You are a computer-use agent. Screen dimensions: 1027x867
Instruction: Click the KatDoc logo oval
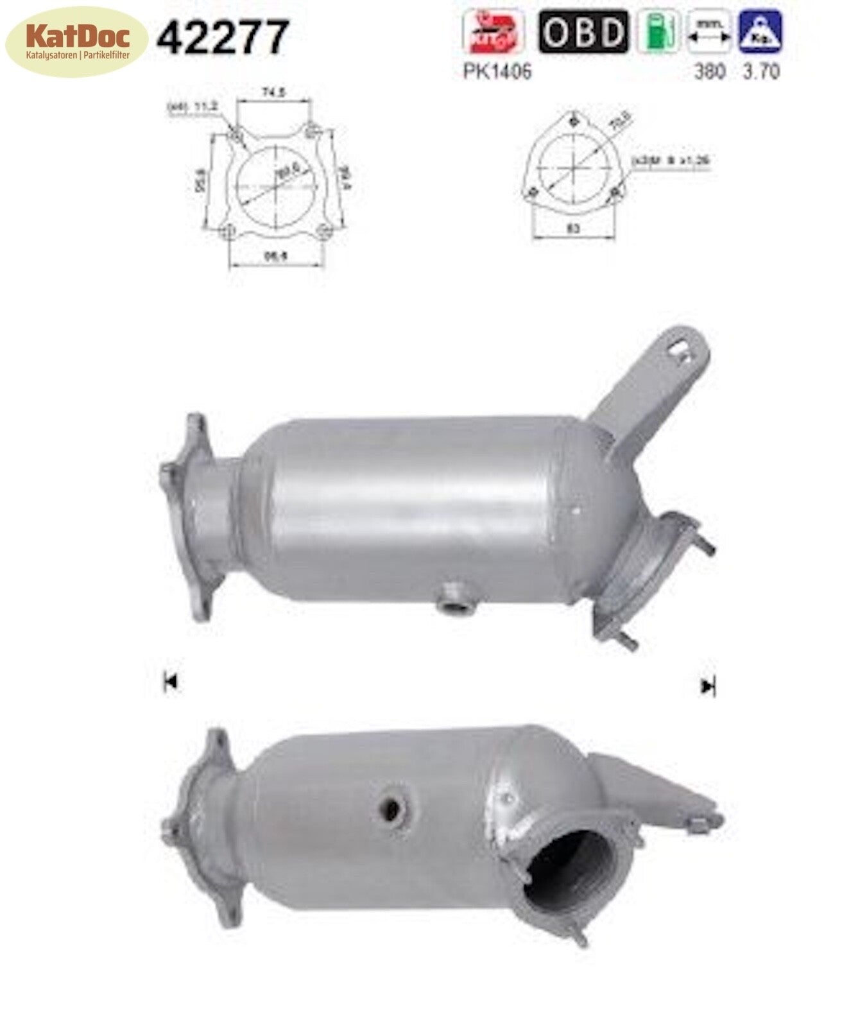[77, 41]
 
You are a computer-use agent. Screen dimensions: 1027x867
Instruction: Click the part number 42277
[222, 37]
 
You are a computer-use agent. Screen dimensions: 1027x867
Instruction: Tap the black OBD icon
[583, 31]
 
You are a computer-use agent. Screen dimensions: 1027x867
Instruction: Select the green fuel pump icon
[658, 31]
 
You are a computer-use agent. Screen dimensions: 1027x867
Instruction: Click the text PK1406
[497, 71]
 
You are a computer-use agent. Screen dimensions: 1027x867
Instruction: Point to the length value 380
[710, 71]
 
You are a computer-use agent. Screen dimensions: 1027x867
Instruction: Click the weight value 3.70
[761, 71]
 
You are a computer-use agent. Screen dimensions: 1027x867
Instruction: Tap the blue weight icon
[761, 31]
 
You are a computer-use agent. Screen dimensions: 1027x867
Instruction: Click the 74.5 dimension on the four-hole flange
[273, 93]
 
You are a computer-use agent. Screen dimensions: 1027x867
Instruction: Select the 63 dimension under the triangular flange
[574, 228]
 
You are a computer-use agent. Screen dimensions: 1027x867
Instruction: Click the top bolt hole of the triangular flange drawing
[573, 123]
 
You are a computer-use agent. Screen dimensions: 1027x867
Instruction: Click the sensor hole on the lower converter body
[391, 809]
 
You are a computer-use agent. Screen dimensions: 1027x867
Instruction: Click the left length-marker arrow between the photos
[171, 682]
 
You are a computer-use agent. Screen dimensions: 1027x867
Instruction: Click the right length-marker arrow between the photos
[707, 687]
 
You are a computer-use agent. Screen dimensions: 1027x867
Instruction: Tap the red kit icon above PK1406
[493, 31]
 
